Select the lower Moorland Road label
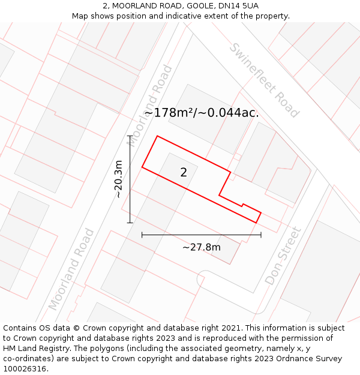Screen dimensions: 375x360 [72, 269]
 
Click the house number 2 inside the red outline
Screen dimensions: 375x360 [184, 173]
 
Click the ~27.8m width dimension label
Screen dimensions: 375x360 [202, 247]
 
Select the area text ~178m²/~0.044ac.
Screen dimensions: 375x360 [201, 113]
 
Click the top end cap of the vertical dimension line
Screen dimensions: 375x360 [130, 136]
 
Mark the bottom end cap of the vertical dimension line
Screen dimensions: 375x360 [130, 223]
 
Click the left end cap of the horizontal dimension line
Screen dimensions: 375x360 [142, 235]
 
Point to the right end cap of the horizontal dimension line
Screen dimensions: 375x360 [261, 235]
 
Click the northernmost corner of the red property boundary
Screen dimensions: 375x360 [157, 136]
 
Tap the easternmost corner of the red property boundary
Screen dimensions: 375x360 [261, 212]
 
